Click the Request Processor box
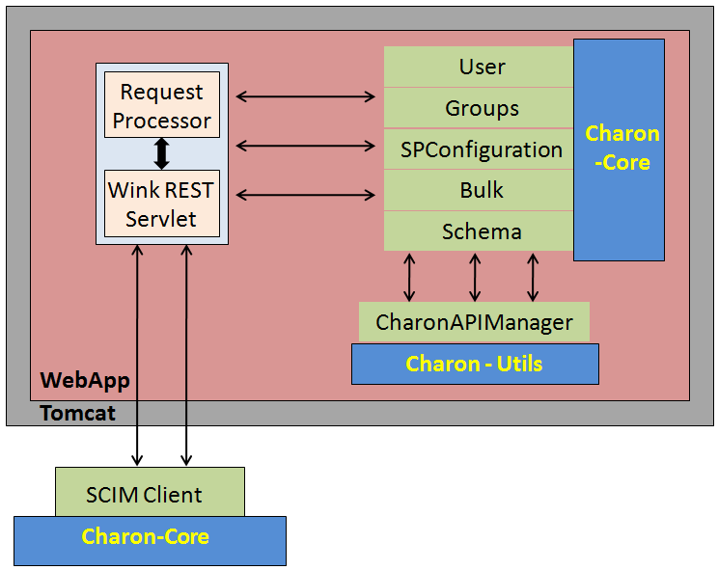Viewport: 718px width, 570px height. [x=161, y=106]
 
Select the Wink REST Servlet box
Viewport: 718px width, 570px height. [x=161, y=204]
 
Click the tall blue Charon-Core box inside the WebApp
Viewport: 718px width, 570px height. [x=619, y=149]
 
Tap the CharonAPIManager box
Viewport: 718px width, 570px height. [x=474, y=322]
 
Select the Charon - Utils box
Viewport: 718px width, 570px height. [x=474, y=364]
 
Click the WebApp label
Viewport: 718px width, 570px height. [x=85, y=380]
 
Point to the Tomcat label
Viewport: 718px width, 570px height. [x=78, y=413]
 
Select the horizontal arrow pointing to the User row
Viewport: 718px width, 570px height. [x=305, y=95]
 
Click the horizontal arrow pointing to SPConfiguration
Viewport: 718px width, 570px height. [x=305, y=146]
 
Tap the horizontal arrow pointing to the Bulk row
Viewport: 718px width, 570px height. [x=305, y=195]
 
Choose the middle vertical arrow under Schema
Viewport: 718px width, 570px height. [x=474, y=277]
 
